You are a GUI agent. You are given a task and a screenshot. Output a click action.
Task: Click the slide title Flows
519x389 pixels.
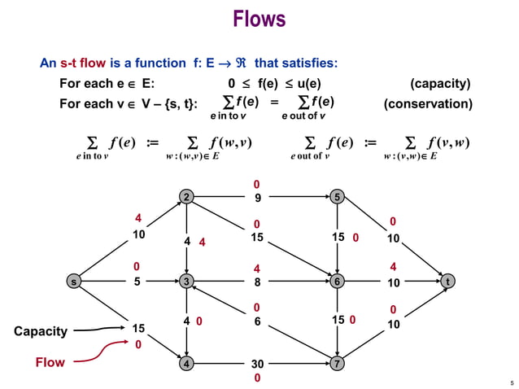[259, 19]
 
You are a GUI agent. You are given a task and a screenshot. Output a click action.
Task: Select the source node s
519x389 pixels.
[74, 282]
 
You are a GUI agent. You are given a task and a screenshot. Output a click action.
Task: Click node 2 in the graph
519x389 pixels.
[187, 197]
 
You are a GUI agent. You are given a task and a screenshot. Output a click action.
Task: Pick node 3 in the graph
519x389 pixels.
[187, 282]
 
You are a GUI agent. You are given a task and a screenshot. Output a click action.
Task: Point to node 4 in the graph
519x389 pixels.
[187, 363]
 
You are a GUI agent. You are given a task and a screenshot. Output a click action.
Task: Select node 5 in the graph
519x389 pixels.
[337, 197]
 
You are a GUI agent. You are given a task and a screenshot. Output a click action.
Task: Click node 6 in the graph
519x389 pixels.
[337, 282]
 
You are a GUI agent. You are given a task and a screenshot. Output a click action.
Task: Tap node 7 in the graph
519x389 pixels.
[337, 363]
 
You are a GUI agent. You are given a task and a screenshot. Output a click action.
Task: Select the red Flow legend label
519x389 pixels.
[50, 362]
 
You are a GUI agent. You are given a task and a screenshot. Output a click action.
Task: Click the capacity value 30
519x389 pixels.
[257, 364]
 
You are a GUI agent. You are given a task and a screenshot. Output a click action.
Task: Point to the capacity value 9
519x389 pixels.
[257, 197]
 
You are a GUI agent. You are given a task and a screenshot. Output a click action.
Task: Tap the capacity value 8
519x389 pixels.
[257, 282]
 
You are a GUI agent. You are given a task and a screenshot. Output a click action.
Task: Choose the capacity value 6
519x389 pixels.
[257, 321]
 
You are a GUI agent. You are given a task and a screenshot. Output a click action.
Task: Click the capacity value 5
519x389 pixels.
[138, 282]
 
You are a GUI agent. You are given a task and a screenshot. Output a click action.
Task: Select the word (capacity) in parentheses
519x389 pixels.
[440, 84]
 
